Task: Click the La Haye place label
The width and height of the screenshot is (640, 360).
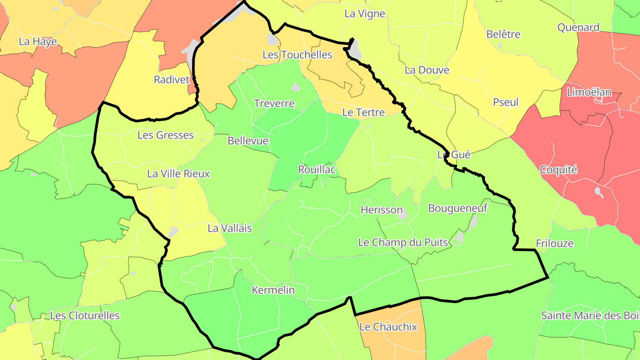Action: (38, 42)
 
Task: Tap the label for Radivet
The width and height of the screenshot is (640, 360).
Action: (172, 80)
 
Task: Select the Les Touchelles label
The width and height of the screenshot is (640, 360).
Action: (297, 55)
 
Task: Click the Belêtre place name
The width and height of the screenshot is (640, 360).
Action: (503, 34)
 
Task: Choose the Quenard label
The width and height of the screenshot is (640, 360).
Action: (578, 28)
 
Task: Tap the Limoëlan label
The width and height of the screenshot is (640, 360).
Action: (589, 92)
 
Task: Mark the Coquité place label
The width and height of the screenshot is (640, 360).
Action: (558, 169)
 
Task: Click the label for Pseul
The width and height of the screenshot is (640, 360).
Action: (506, 102)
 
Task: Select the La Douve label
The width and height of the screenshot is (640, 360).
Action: (427, 70)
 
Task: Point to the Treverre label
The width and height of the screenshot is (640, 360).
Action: (274, 104)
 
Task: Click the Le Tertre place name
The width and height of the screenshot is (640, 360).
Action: (363, 112)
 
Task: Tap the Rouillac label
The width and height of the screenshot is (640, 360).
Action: (316, 169)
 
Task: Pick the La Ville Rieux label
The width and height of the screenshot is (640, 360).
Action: (178, 174)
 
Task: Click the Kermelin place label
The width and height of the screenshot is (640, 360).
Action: (273, 290)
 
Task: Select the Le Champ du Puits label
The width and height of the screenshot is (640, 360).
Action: (403, 243)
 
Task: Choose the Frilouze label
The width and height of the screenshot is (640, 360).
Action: (555, 244)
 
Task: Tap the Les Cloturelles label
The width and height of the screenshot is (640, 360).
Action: (85, 316)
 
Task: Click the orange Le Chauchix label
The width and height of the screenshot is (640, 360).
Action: (388, 327)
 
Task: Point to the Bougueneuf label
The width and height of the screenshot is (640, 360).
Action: (457, 208)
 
